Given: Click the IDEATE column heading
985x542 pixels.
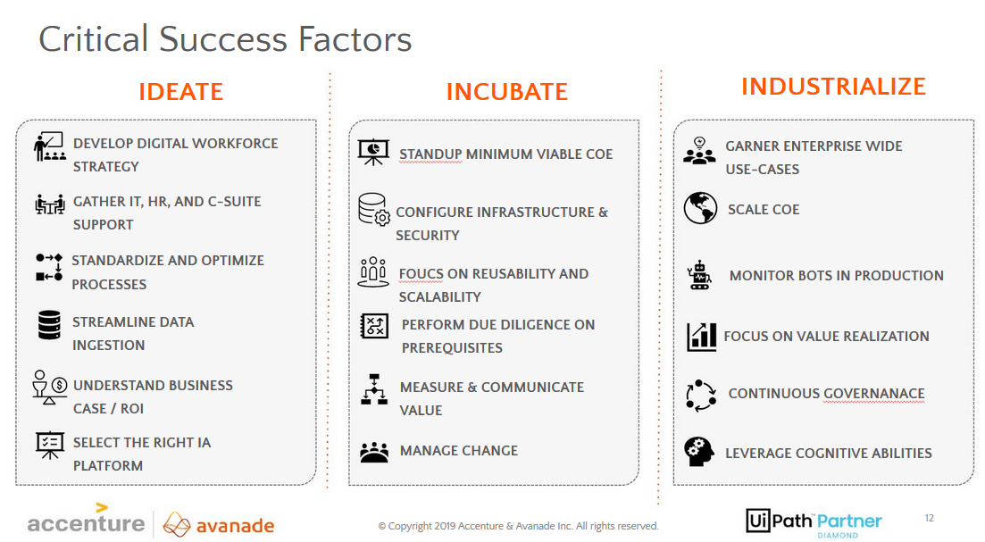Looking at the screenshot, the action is [x=181, y=92].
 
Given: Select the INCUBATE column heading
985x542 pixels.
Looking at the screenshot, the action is [x=507, y=92].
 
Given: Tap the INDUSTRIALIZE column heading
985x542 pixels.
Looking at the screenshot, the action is [x=833, y=86].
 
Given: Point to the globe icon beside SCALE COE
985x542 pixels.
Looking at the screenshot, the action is [x=700, y=208].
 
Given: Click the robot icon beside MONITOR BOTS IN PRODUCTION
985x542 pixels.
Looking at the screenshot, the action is [x=699, y=275].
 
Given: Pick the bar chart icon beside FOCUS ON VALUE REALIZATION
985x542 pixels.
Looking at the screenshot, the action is [x=702, y=337].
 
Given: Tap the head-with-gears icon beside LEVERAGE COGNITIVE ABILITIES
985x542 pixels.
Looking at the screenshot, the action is [x=699, y=452].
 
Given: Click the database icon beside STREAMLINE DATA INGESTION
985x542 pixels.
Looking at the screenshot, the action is [x=49, y=325].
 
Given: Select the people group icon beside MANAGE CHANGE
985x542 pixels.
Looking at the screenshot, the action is [x=374, y=452].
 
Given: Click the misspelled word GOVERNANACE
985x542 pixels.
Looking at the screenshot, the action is [x=873, y=394].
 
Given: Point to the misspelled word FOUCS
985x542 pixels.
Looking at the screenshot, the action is [x=421, y=274].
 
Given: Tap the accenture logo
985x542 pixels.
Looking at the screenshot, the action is [x=86, y=520].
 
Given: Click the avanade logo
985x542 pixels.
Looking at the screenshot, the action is [x=219, y=524].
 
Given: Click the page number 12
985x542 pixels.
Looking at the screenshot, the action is [x=929, y=518].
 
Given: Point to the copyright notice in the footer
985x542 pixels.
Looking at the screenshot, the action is [x=518, y=526].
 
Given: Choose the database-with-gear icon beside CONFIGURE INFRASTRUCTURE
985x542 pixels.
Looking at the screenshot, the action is [x=374, y=209].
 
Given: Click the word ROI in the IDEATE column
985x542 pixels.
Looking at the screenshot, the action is [x=132, y=409].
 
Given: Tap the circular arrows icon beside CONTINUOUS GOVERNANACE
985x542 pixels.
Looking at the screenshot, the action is [x=700, y=396].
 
